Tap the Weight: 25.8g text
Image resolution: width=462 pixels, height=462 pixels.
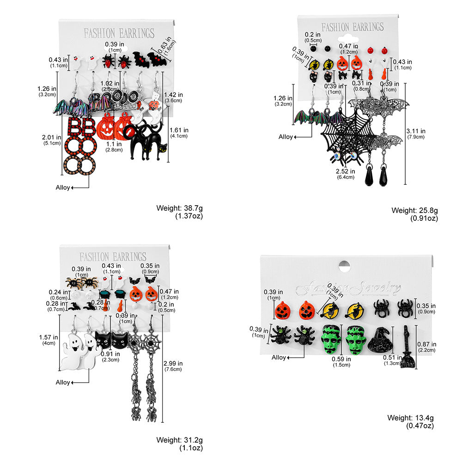(415, 210)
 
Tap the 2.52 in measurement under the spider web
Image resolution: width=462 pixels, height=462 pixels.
(346, 170)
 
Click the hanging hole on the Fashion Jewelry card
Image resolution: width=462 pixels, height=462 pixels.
(343, 266)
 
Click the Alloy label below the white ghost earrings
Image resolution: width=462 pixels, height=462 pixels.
(63, 382)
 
